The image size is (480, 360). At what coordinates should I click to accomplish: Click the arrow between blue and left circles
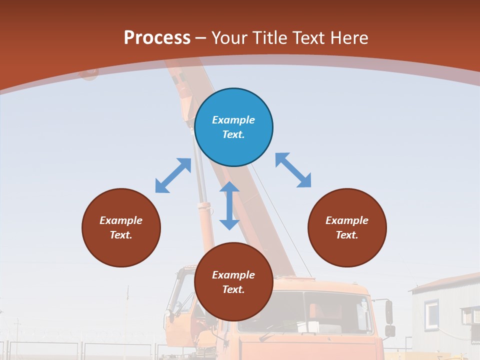click(x=173, y=175)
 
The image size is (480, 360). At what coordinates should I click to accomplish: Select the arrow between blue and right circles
click(x=293, y=170)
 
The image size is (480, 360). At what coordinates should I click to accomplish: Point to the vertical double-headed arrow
click(x=229, y=205)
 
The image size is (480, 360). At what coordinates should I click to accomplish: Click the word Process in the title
click(x=157, y=37)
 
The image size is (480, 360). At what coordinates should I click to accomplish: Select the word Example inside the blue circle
click(x=233, y=120)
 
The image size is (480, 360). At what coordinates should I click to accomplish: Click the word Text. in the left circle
click(x=121, y=235)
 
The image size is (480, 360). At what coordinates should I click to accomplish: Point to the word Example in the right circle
click(x=347, y=220)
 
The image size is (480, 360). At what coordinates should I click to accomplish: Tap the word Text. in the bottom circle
click(x=233, y=289)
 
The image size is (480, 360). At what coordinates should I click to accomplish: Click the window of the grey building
click(x=431, y=314)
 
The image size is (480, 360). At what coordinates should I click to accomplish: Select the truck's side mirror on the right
click(x=389, y=312)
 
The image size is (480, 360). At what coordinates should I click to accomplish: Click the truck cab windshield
click(x=305, y=312)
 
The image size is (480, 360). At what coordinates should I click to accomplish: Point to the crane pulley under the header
click(x=89, y=74)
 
